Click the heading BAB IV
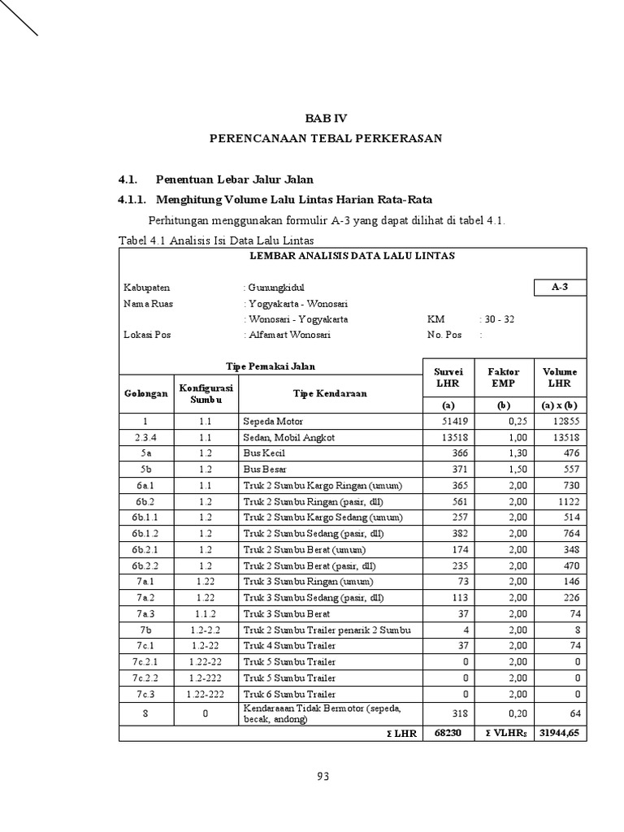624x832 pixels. click(325, 119)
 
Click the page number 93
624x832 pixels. click(323, 777)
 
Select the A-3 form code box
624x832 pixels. click(558, 288)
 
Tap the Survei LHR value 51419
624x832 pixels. click(454, 422)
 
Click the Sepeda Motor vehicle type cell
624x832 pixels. click(267, 422)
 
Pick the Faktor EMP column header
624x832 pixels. click(504, 377)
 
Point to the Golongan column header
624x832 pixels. click(146, 393)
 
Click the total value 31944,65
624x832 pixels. click(558, 734)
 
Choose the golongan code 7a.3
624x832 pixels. click(146, 613)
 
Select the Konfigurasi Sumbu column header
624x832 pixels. click(206, 393)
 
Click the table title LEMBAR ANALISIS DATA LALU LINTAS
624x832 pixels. click(351, 256)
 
